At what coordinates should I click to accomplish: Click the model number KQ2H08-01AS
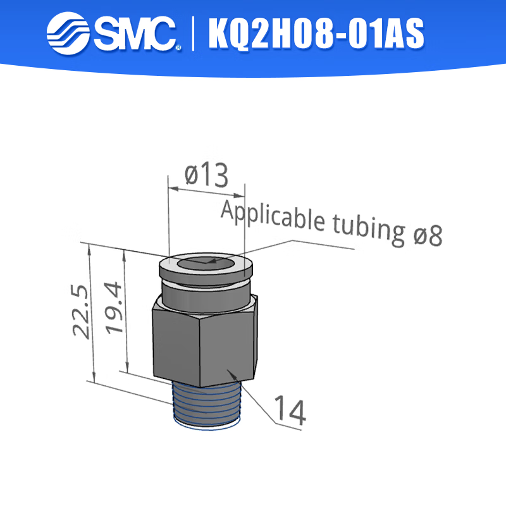point(316,34)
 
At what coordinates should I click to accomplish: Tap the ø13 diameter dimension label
point(206,175)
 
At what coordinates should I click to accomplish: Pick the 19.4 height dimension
point(114,307)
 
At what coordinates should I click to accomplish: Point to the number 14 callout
point(290,412)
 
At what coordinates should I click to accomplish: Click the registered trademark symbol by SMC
point(178,47)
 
